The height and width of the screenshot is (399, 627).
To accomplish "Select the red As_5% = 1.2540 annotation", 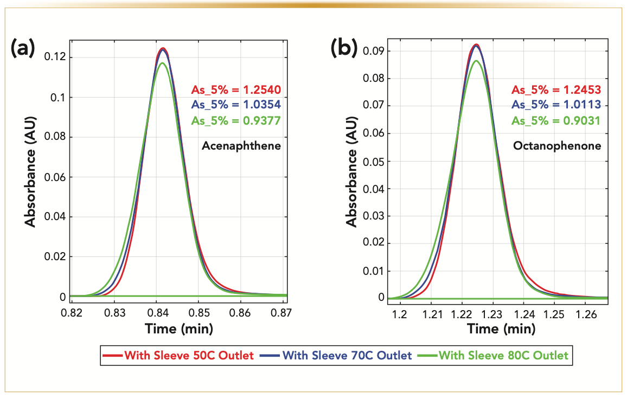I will (x=235, y=90).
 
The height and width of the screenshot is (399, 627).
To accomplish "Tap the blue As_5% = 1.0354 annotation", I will (x=235, y=105).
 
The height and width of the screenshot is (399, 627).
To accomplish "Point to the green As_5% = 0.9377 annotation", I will (x=235, y=120).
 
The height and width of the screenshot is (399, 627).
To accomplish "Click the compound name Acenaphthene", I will (x=241, y=146).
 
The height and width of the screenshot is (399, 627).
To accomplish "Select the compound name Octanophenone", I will (x=558, y=146).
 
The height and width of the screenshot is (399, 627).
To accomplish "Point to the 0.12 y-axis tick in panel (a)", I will (x=56, y=57).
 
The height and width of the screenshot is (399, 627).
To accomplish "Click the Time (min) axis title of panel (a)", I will (x=178, y=329).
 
